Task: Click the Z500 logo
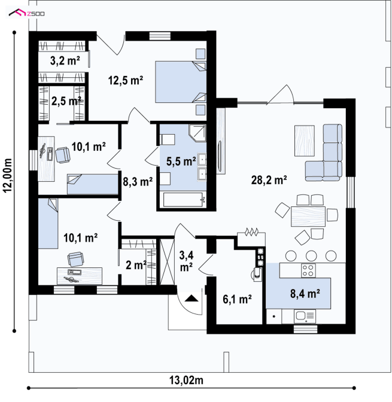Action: tap(26, 13)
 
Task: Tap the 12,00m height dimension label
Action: tap(8, 175)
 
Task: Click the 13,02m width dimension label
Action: tap(186, 380)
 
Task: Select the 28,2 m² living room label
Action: tap(269, 180)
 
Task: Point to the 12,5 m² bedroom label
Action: tap(126, 80)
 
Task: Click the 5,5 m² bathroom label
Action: tap(181, 162)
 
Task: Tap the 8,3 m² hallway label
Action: tap(138, 181)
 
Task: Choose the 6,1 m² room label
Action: tap(237, 299)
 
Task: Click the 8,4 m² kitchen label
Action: tap(305, 293)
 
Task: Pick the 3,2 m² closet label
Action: tap(65, 61)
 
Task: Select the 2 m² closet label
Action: tap(136, 265)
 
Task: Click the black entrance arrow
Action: tap(191, 299)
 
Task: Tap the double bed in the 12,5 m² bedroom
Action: tap(181, 82)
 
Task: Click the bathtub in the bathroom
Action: tap(183, 199)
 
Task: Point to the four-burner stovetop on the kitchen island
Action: tap(308, 270)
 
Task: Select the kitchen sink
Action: tap(305, 316)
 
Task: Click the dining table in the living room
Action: tap(308, 217)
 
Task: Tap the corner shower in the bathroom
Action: tap(197, 133)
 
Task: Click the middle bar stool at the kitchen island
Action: tap(311, 255)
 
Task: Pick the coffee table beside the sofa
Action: tap(305, 141)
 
